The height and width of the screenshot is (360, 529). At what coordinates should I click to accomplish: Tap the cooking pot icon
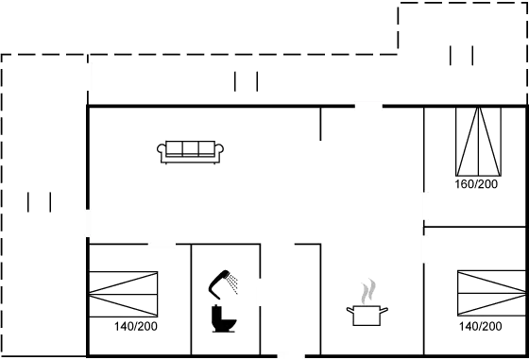tap(368, 314)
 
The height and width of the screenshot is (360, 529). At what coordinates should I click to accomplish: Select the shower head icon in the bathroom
tap(227, 281)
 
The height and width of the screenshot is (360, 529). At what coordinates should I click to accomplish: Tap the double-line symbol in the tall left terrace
tap(39, 202)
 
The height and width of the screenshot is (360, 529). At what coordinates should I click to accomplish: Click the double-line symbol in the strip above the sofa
tap(247, 81)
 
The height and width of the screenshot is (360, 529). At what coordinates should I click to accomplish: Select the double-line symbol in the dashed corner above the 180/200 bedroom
tap(462, 56)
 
